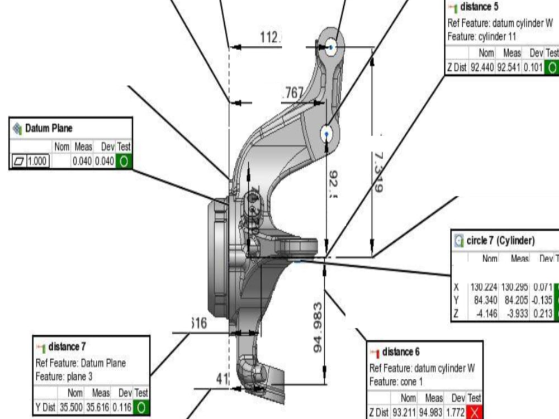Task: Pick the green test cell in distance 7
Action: (x=141, y=408)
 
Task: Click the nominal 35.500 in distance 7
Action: (x=70, y=408)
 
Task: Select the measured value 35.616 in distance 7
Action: (x=99, y=408)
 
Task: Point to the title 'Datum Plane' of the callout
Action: (x=49, y=128)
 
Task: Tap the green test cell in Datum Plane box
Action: (x=124, y=161)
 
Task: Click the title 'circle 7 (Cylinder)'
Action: (x=500, y=241)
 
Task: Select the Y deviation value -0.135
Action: (x=543, y=301)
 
